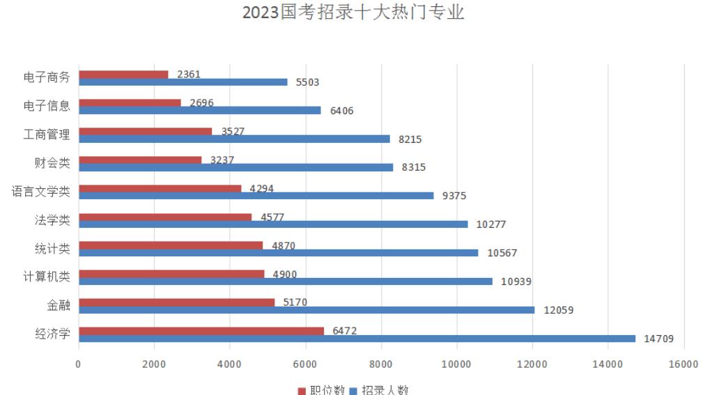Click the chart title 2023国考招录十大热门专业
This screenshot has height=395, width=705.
tap(352, 13)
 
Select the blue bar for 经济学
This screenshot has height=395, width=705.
tap(357, 339)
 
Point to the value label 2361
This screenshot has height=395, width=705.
tap(189, 75)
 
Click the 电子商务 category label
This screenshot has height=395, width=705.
tap(47, 77)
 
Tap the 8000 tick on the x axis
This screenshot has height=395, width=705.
tap(380, 364)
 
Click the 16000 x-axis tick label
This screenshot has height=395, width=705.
tap(683, 364)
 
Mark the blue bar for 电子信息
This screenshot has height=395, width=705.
tap(199, 110)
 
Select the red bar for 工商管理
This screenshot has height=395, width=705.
tap(145, 131)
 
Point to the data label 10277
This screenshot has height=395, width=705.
tap(491, 224)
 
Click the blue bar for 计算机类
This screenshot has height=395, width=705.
tap(286, 281)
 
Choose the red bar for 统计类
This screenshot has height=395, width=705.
tap(171, 245)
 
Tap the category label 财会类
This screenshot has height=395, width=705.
tap(53, 163)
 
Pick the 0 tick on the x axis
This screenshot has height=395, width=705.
tap(79, 364)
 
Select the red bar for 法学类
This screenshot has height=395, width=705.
tap(165, 217)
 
